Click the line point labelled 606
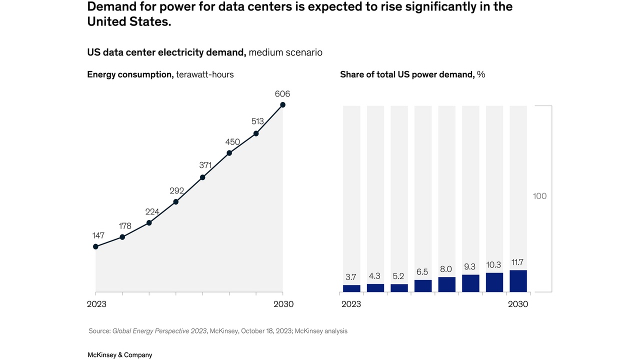pos(283,105)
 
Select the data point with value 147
pos(95,246)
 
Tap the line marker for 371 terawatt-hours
pos(202,177)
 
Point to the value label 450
pos(232,142)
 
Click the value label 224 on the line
pos(152,212)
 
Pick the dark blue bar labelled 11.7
pos(518,281)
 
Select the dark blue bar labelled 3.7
pos(351,288)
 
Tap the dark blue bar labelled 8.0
pos(446,284)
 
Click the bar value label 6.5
pos(422,272)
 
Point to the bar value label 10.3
pos(494,265)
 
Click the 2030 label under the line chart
pos(283,304)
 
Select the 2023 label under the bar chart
pos(351,304)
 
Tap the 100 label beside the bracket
pos(539,196)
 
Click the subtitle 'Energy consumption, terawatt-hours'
pos(160,74)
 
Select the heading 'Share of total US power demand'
pos(407,74)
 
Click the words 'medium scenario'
pos(285,52)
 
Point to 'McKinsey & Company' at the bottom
pos(120,355)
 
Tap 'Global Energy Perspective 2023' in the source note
pos(159,331)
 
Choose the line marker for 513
pos(256,133)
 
